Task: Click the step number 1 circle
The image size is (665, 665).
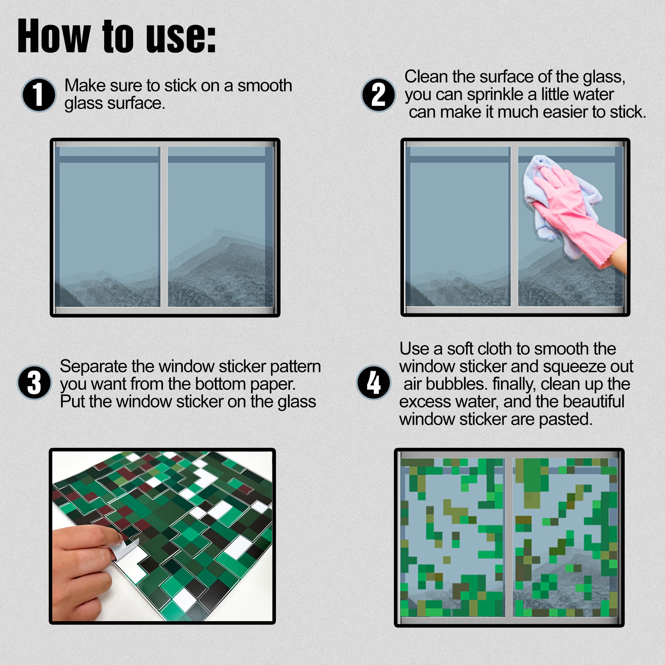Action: (x=39, y=95)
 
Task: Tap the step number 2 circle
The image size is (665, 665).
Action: (x=378, y=95)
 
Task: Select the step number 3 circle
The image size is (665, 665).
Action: (x=34, y=382)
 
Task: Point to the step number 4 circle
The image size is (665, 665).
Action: (x=373, y=382)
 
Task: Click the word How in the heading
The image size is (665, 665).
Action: (x=54, y=37)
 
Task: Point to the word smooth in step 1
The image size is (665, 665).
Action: (x=264, y=85)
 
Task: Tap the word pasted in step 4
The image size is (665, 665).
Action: (x=565, y=419)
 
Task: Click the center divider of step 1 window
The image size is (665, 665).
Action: (x=164, y=227)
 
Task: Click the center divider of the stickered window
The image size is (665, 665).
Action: (x=508, y=537)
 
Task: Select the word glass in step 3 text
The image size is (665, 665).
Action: (x=297, y=402)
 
